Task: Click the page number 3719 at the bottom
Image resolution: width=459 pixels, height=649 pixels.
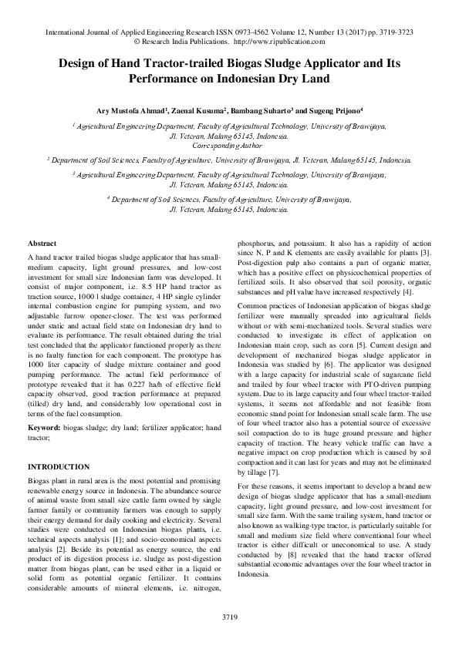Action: tap(229, 617)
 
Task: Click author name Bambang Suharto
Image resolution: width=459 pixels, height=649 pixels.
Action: tap(266, 111)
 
